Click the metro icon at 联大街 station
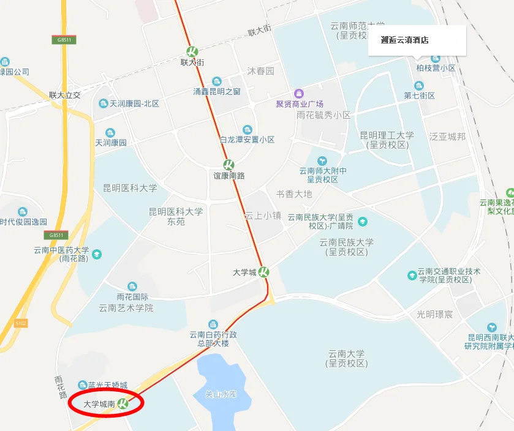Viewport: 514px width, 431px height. click(192, 51)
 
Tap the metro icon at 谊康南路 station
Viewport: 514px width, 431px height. click(228, 165)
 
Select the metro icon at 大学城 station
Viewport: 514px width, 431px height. click(263, 272)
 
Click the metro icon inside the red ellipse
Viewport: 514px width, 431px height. click(123, 403)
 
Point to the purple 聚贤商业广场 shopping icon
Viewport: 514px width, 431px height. click(298, 93)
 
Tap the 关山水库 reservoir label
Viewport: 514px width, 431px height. click(220, 394)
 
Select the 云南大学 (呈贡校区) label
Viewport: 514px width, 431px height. click(346, 358)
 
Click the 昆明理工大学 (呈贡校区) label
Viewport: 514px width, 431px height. click(387, 140)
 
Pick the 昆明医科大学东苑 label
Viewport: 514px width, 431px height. click(176, 216)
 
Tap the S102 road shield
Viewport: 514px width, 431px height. click(21, 323)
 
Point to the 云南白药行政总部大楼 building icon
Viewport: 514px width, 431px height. click(213, 323)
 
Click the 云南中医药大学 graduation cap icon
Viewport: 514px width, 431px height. click(96, 254)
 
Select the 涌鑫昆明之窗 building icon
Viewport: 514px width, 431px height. click(216, 81)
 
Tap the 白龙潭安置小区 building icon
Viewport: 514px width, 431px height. click(247, 129)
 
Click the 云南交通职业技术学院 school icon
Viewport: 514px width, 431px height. click(412, 275)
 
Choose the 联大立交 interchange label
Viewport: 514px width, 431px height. click(65, 96)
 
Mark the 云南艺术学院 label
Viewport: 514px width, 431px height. click(126, 308)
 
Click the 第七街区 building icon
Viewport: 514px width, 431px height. click(419, 86)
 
